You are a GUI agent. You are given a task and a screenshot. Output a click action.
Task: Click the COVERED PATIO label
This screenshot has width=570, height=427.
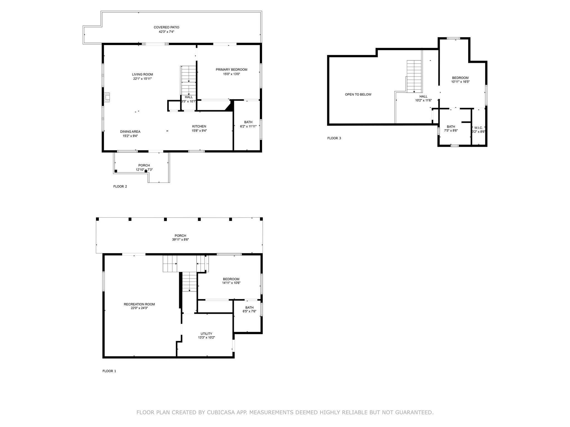[166, 27]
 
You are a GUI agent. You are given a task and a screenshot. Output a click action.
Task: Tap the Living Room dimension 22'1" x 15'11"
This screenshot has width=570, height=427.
[142, 79]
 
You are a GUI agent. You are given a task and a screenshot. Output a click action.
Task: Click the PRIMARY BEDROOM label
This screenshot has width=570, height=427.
[231, 69]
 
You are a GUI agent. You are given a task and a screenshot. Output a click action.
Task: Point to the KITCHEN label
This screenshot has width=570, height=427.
[199, 126]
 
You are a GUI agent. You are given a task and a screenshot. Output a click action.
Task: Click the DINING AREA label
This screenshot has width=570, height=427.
[130, 131]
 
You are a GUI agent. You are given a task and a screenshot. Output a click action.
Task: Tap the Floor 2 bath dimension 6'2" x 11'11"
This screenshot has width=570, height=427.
[248, 126]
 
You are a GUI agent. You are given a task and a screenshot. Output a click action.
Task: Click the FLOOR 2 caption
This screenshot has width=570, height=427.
[120, 186]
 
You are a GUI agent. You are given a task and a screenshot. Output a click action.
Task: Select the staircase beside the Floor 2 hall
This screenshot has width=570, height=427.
[189, 81]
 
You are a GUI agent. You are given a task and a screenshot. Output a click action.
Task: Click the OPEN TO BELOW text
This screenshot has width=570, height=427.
[358, 95]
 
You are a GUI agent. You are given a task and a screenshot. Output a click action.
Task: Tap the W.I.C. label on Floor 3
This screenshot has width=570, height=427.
[478, 128]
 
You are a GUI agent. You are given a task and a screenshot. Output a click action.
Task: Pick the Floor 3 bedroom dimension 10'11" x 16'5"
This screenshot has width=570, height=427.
[460, 82]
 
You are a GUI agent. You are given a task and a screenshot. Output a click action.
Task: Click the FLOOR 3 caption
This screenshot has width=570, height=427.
[334, 138]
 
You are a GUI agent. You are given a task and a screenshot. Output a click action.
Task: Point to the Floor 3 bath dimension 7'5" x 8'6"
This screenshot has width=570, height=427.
[451, 130]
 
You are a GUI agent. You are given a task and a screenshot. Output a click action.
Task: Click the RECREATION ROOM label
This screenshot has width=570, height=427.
[139, 304]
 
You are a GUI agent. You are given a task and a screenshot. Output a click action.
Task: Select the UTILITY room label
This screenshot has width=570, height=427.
[206, 334]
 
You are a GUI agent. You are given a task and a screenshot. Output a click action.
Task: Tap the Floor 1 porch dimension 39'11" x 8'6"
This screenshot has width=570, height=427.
[180, 240]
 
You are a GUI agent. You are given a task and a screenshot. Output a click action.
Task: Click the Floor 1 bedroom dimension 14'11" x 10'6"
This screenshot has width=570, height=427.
[231, 283]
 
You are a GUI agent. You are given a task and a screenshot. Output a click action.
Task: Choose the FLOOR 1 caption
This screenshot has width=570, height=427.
[109, 371]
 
